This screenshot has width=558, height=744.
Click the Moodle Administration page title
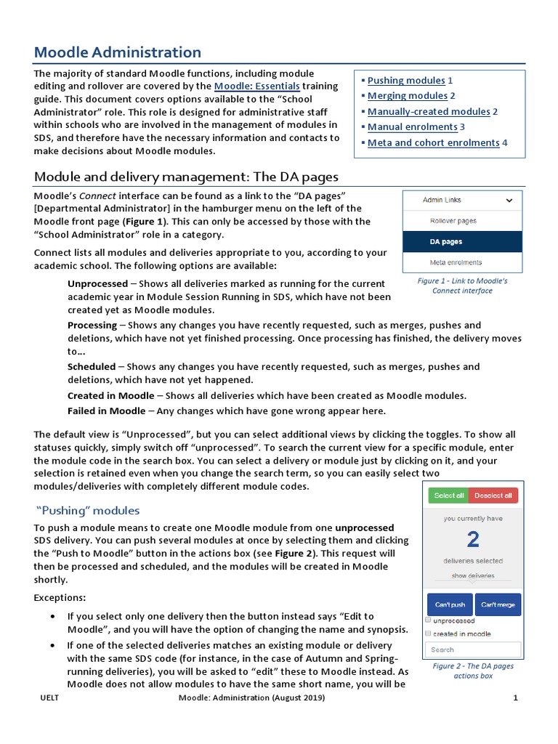[x=118, y=52]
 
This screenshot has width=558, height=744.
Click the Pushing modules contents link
[x=406, y=81]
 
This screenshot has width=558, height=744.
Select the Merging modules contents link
[x=407, y=96]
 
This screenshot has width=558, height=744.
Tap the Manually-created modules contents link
[x=429, y=112]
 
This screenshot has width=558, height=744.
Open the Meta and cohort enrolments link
[x=433, y=143]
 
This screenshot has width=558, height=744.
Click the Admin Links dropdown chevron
[x=509, y=200]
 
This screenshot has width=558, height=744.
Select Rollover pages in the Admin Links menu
[x=453, y=221]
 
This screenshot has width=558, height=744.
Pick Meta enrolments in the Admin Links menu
[x=456, y=262]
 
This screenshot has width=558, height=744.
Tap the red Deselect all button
[x=493, y=496]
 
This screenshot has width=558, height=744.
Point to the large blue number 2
[x=473, y=539]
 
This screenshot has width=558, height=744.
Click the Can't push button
[x=450, y=604]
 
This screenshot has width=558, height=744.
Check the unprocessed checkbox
[x=429, y=621]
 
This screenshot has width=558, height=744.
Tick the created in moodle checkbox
[x=429, y=634]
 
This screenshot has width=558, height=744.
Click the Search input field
[x=473, y=650]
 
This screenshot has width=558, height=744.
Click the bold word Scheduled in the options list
[x=92, y=367]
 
